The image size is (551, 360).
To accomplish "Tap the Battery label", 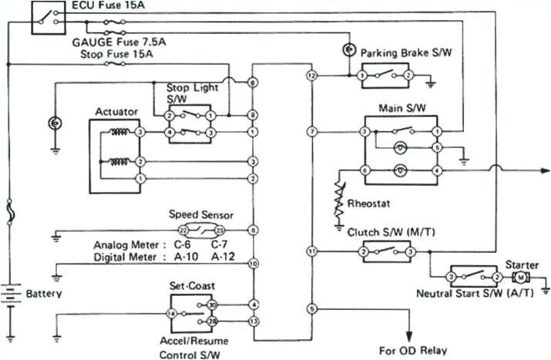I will pyautogui.click(x=43, y=294).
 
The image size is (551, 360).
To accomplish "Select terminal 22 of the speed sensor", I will pyautogui.click(x=183, y=230).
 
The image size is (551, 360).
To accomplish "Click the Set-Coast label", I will pyautogui.click(x=190, y=284).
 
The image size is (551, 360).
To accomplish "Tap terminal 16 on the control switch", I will pyautogui.click(x=171, y=313).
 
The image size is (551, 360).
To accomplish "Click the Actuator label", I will pyautogui.click(x=116, y=112).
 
